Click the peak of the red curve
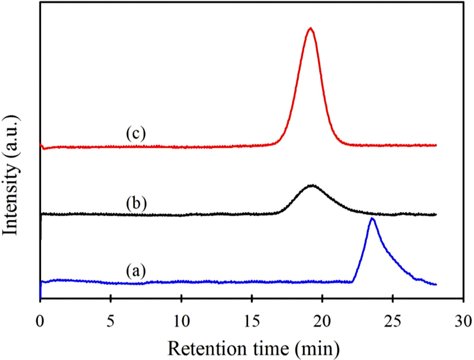click(310, 28)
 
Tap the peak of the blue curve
click(372, 218)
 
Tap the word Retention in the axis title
click(201, 340)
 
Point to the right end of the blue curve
click(436, 284)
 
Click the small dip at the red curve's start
click(44, 148)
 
